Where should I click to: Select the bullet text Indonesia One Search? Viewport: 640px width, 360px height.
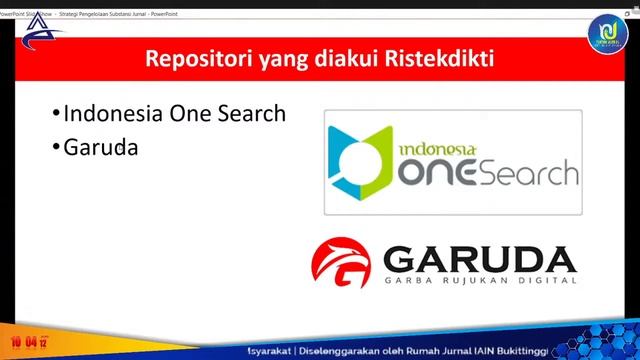pyautogui.click(x=174, y=113)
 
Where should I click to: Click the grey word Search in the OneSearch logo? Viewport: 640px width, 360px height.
pyautogui.click(x=529, y=172)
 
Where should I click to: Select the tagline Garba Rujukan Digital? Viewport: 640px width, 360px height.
pyautogui.click(x=483, y=284)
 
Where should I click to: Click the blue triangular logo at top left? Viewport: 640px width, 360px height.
pyautogui.click(x=42, y=36)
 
